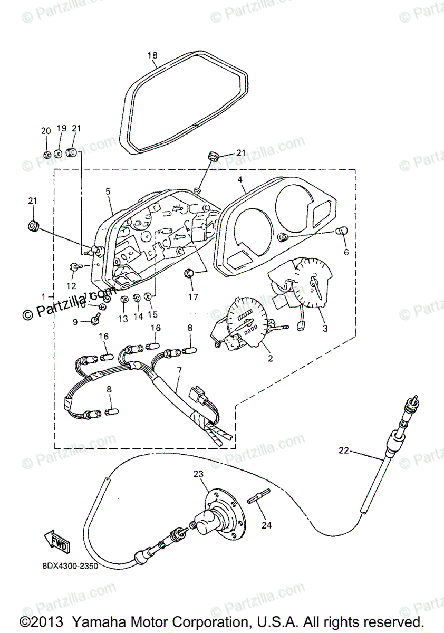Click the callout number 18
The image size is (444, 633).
[152, 55]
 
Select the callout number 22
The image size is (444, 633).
[344, 450]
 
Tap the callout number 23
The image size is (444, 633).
[198, 474]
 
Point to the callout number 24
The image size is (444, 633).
[267, 525]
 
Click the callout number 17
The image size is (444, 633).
[193, 297]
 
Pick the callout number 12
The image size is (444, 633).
[71, 286]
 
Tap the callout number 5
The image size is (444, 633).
[108, 192]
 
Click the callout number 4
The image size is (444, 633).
[240, 179]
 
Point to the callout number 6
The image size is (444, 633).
[346, 252]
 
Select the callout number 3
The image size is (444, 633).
[325, 328]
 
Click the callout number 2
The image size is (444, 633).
[270, 359]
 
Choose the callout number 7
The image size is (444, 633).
[179, 371]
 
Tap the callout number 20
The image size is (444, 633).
[46, 131]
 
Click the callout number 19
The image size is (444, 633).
[61, 129]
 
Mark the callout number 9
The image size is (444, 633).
[74, 322]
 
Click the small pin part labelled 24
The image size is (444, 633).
[261, 496]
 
